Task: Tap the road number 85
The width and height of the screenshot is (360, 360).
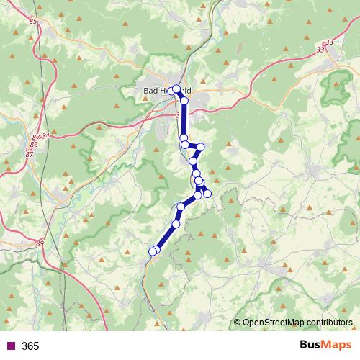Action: coord(33,22)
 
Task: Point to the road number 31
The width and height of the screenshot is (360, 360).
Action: coord(46,136)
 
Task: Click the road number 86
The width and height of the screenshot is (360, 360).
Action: coord(33,145)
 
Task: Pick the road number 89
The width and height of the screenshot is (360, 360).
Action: coord(39,244)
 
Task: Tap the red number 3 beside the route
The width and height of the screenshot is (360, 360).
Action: coord(177,114)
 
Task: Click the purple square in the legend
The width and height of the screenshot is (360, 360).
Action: coord(10,346)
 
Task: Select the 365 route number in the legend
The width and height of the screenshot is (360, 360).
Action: coord(30,346)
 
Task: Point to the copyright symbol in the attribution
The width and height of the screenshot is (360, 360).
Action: coord(238,323)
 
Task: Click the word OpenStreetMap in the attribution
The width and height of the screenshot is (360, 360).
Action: coord(273,323)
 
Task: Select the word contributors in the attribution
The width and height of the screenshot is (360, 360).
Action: coord(329,323)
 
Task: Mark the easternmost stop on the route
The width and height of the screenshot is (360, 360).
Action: coord(207,193)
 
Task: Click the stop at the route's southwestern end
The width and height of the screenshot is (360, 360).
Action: coord(152,251)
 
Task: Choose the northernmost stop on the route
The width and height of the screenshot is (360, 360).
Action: coord(176,89)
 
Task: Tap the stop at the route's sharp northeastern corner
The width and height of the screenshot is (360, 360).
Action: coord(201,147)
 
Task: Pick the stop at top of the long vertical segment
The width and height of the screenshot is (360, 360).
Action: coord(184,101)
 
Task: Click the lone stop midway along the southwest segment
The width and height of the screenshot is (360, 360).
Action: coord(175,224)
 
